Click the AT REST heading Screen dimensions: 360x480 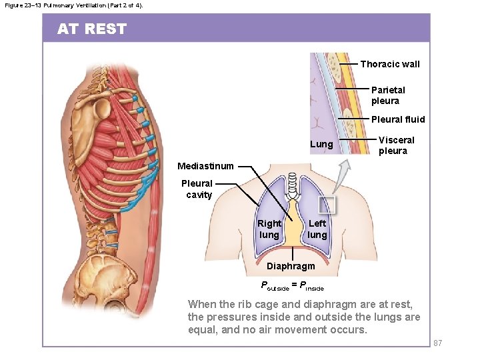[91, 29]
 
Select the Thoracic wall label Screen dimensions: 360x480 [390, 64]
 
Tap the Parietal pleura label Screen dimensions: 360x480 [387, 95]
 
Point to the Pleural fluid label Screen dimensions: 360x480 [398, 119]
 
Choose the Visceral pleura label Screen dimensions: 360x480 [396, 145]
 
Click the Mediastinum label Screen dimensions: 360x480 [205, 166]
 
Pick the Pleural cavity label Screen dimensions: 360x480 [197, 189]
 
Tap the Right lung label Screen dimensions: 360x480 [269, 229]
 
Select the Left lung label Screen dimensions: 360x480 [317, 229]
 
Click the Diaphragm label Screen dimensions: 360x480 [291, 266]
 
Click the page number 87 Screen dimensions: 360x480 [438, 343]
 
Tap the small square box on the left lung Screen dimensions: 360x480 [327, 205]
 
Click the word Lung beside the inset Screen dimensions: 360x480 [321, 144]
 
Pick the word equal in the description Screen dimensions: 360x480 [201, 329]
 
